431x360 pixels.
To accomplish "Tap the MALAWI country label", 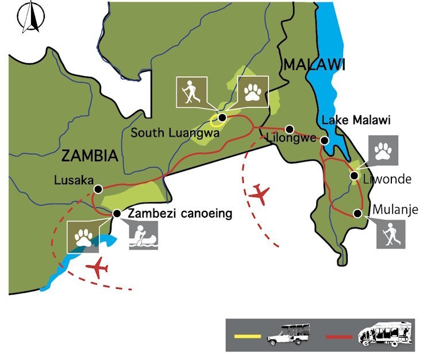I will [x=313, y=65].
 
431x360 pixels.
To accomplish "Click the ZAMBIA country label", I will [x=88, y=156].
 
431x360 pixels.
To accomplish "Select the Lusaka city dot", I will [x=98, y=188].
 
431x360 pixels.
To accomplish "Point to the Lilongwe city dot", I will [x=290, y=129].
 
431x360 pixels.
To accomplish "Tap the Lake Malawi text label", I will [x=356, y=121].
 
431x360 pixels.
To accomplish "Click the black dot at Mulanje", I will [x=357, y=214].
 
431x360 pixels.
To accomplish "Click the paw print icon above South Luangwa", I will [x=253, y=91].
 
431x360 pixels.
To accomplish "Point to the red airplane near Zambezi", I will [x=99, y=268].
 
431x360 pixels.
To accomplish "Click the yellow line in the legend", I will [x=248, y=335].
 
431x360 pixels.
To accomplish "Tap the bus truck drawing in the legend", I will [x=385, y=335].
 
